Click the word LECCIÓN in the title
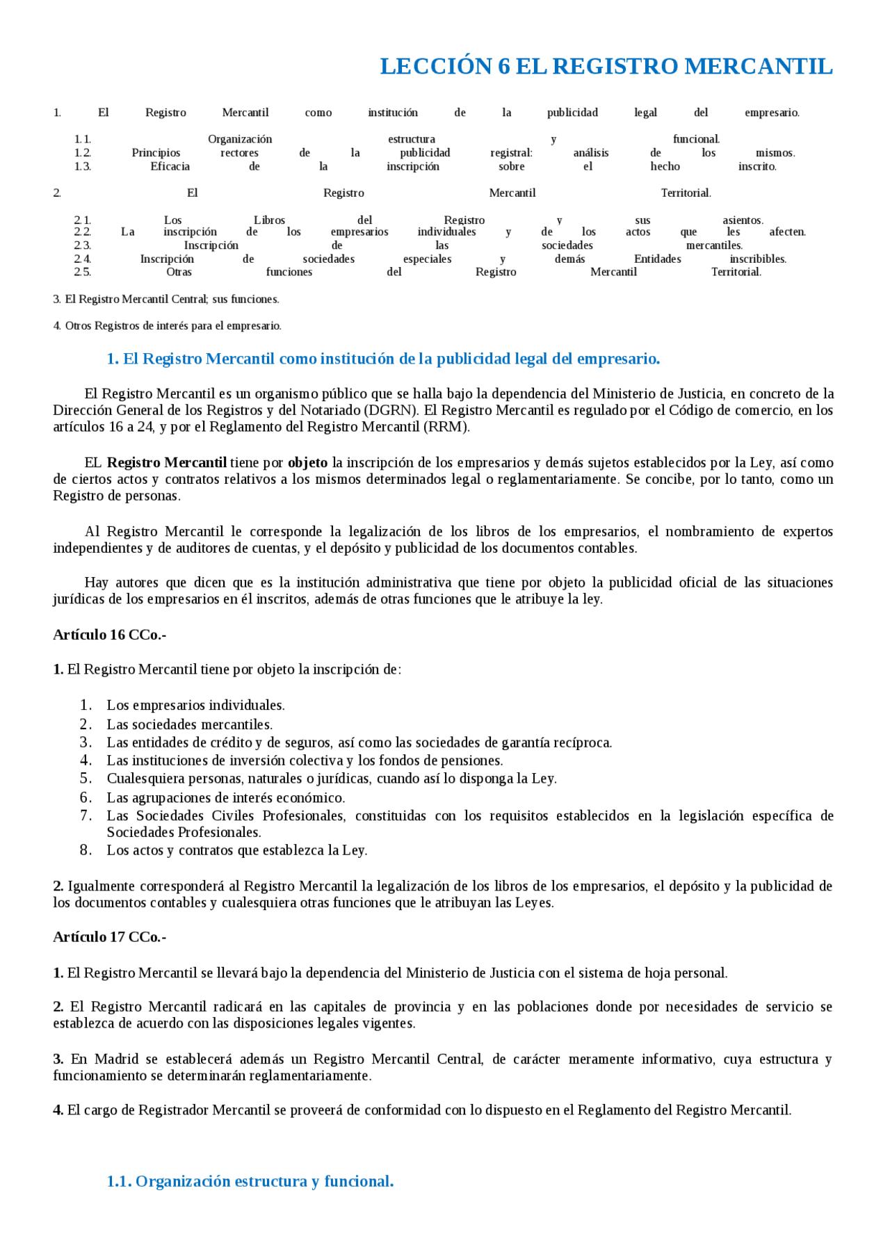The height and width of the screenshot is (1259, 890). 436,66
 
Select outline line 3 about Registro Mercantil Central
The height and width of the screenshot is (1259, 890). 166,300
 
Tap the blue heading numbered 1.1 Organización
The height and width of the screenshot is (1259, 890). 250,1181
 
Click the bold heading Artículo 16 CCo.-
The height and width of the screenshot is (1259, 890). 110,635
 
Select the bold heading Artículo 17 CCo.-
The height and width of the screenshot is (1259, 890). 110,937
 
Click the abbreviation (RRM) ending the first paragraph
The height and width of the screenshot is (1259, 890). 446,427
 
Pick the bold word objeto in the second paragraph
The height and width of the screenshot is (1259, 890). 307,463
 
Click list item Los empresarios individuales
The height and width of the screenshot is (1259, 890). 195,706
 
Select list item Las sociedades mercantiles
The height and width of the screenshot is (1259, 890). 189,724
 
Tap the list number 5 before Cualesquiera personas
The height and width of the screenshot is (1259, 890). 86,779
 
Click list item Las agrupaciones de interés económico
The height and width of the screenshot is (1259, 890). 225,798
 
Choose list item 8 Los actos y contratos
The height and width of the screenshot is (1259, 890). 236,850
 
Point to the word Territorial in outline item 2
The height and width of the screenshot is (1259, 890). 686,193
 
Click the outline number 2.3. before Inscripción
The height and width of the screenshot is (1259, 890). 82,245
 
